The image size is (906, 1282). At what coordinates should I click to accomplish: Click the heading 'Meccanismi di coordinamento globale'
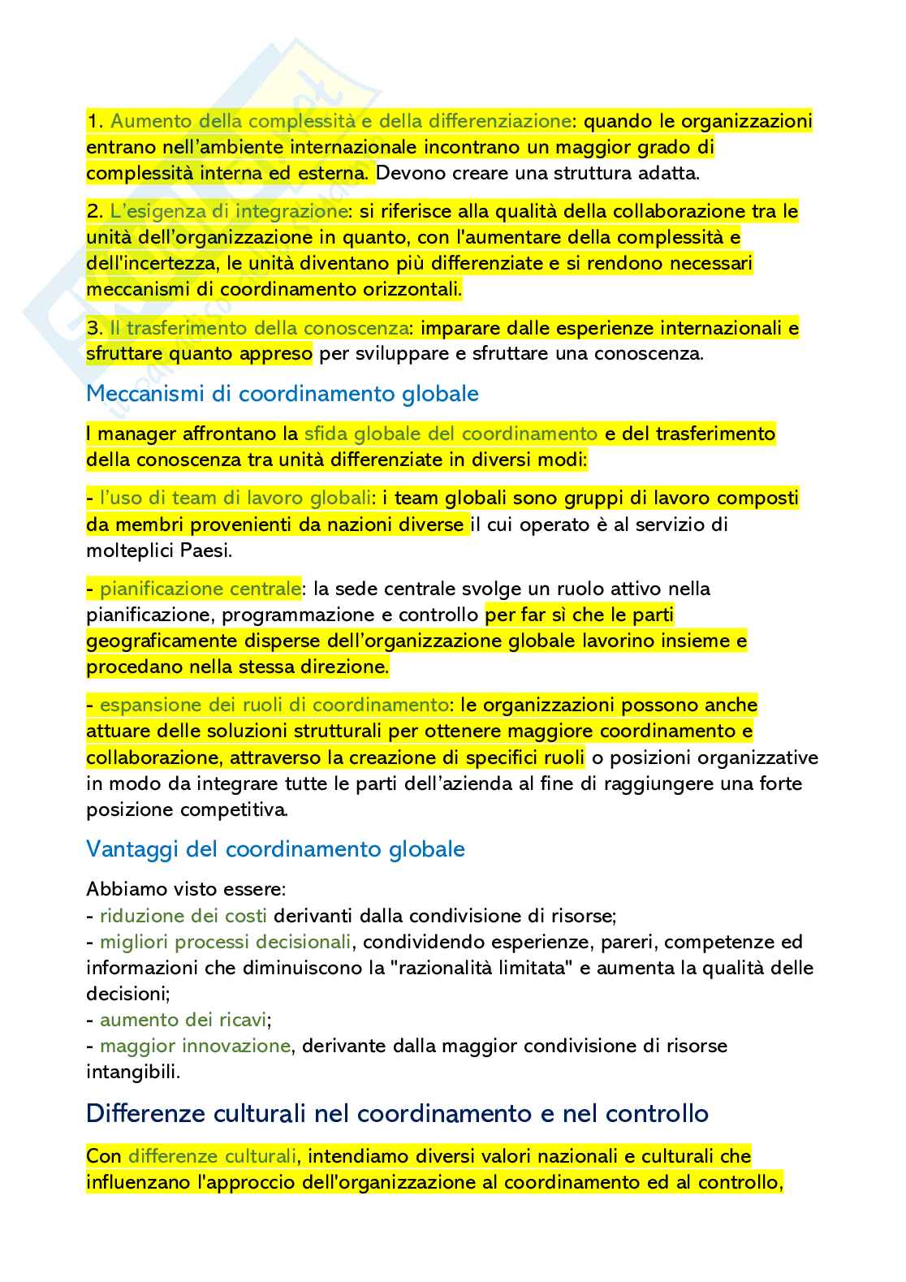tap(282, 394)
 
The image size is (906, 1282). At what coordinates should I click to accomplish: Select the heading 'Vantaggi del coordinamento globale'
tap(275, 849)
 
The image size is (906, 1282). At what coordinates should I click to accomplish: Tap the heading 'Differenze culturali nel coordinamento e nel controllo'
tap(397, 1113)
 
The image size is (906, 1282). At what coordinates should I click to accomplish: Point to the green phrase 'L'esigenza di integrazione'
tap(229, 211)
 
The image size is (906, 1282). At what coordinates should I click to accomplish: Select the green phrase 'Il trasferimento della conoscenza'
tap(259, 328)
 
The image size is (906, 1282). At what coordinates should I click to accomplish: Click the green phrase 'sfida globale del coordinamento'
tap(451, 434)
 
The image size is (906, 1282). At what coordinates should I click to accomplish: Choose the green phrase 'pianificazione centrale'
tap(201, 589)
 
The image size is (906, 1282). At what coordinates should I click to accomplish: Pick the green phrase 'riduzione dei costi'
tap(183, 916)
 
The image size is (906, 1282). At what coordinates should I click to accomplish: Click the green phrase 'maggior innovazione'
tap(195, 1046)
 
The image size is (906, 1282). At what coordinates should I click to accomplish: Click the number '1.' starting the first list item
tap(95, 121)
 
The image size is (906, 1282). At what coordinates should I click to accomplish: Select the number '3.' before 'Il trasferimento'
tap(95, 328)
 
